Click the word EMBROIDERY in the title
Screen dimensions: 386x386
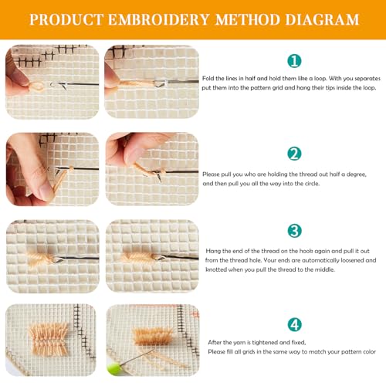point(158,19)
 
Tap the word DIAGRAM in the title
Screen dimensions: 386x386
point(322,19)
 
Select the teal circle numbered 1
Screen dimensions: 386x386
point(294,61)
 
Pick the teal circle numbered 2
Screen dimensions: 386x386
point(294,154)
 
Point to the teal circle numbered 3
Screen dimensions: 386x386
point(294,231)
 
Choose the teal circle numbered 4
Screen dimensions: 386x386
point(294,324)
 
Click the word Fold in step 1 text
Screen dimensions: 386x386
point(208,78)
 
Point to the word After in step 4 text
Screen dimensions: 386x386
point(215,342)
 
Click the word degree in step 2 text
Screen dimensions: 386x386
point(356,174)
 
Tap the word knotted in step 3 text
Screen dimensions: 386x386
point(216,269)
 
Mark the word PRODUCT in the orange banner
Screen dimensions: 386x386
point(66,19)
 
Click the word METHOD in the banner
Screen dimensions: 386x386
point(247,19)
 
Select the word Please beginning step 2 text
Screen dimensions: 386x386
point(211,174)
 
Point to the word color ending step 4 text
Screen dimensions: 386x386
point(369,351)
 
